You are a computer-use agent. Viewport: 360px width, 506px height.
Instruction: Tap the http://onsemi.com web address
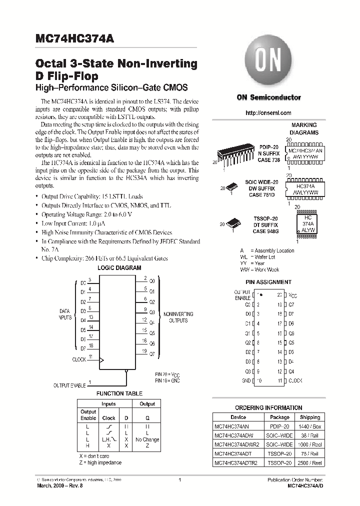268,113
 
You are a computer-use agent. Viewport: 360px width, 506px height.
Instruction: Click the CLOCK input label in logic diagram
79,359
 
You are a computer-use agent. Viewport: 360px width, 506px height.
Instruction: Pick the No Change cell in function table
147,439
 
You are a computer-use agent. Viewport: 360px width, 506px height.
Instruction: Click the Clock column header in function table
108,418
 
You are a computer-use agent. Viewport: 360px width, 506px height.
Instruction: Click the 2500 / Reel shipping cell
310,463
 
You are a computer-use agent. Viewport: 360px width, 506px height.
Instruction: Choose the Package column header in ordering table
279,417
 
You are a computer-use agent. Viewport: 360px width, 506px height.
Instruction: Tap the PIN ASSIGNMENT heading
269,282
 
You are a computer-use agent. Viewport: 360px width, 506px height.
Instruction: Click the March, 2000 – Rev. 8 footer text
59,486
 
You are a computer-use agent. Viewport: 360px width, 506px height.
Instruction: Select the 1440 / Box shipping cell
310,426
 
